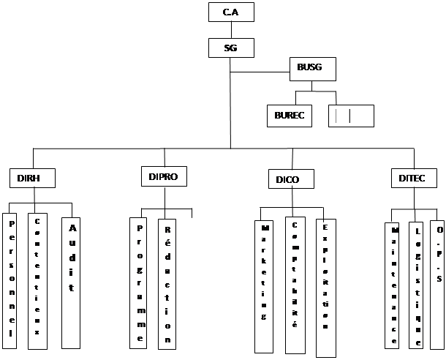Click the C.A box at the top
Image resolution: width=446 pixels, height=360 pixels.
[230, 12]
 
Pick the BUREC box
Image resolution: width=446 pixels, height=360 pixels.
[289, 116]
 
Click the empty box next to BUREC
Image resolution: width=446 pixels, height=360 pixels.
[351, 116]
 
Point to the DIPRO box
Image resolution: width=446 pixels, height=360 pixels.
[163, 176]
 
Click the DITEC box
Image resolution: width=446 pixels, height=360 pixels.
[412, 179]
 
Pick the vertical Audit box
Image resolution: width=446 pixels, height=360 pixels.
[71, 282]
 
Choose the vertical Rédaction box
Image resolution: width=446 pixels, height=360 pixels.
[167, 282]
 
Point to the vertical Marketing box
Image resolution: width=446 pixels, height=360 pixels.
[264, 286]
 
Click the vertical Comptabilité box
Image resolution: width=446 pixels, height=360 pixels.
[295, 285]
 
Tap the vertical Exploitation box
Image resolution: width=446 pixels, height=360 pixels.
[325, 288]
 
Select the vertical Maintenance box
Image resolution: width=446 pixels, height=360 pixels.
[393, 284]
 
